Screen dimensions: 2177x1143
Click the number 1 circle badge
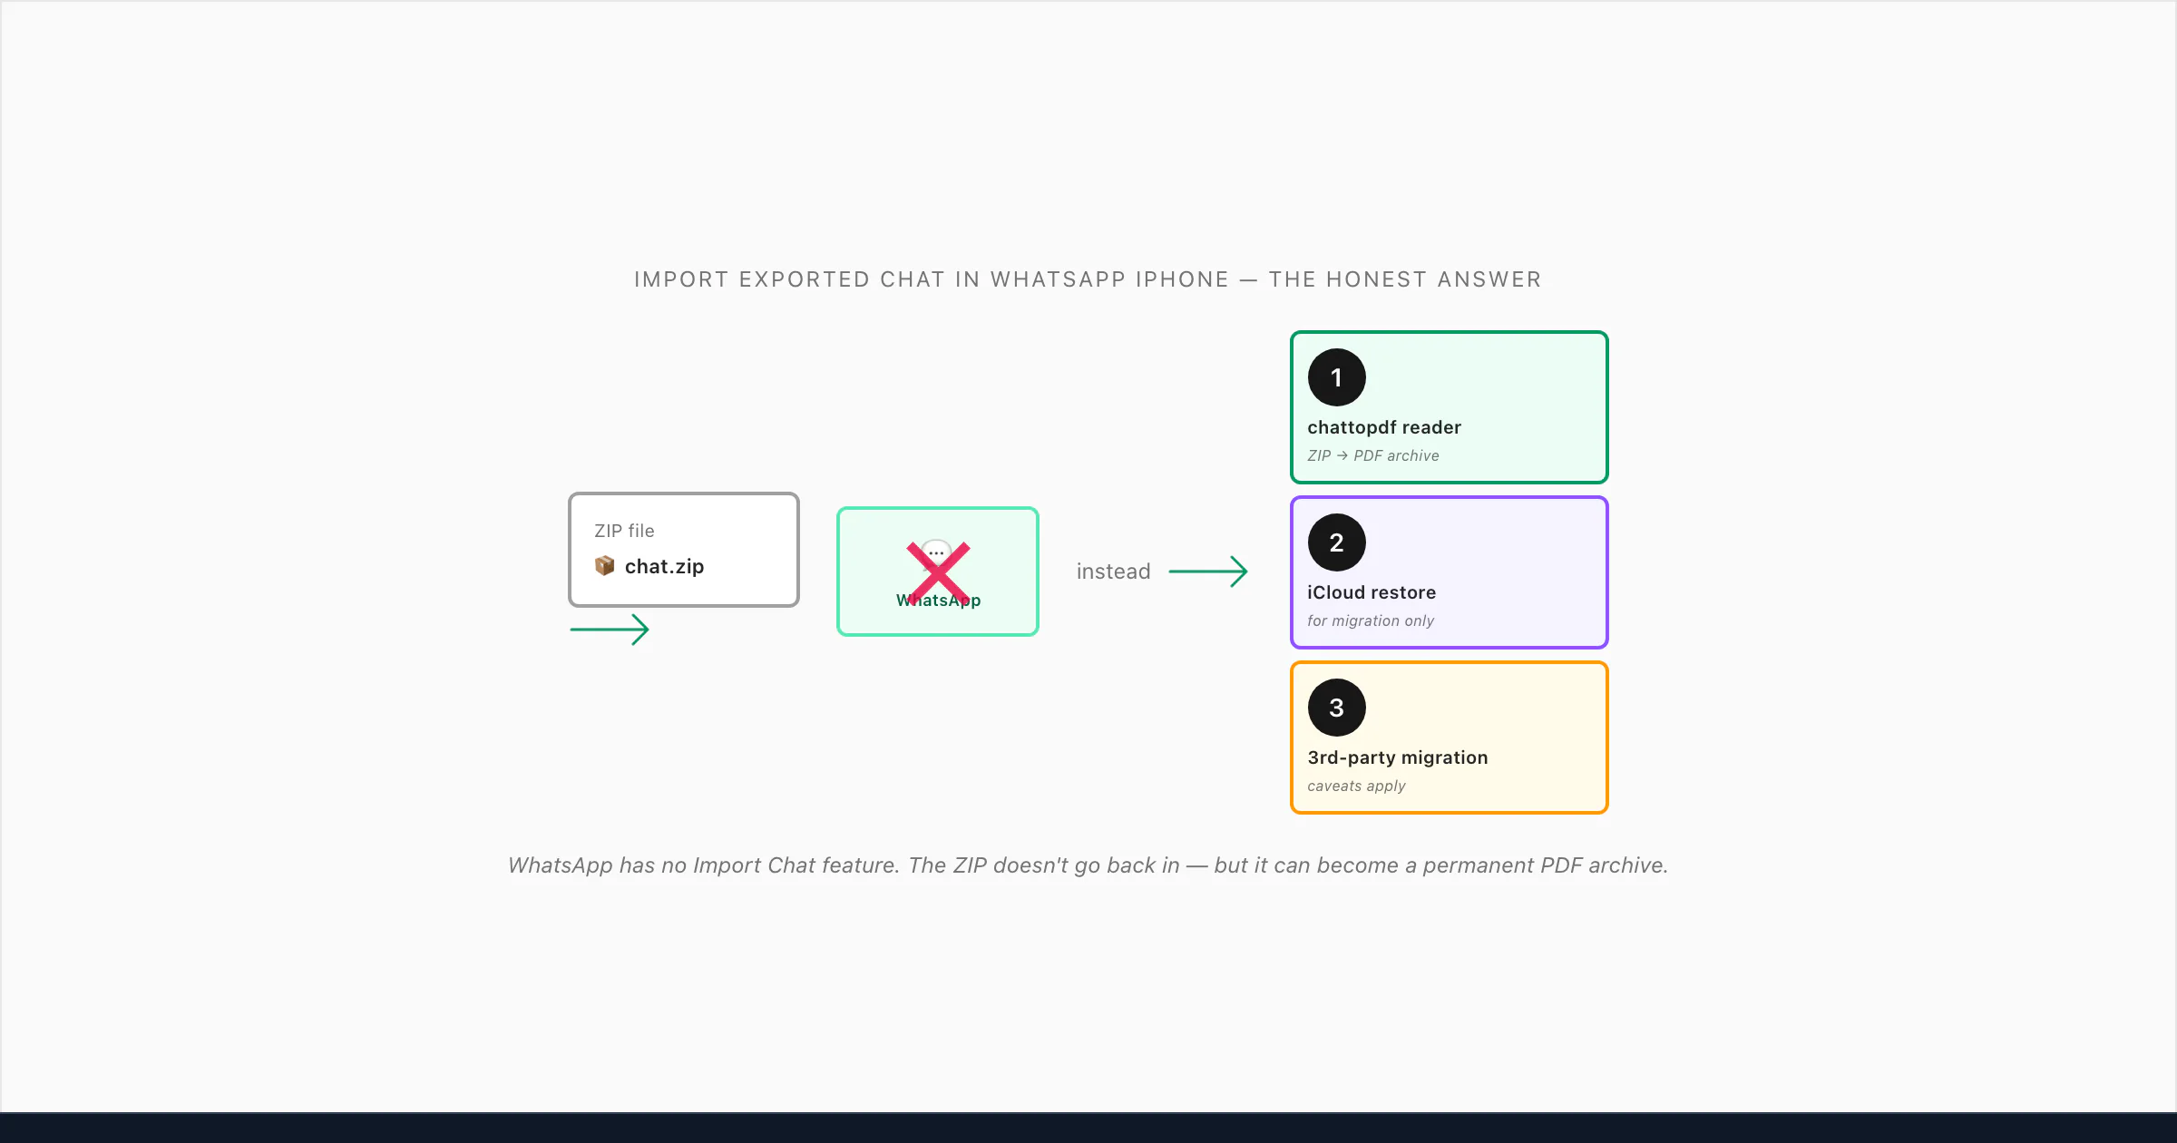tap(1336, 377)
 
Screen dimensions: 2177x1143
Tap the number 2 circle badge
tap(1336, 542)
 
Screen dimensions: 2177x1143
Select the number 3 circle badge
tap(1336, 708)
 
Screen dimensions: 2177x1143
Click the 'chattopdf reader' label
tap(1384, 427)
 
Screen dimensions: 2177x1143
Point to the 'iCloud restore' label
tap(1372, 592)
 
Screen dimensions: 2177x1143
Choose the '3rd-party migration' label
tap(1398, 757)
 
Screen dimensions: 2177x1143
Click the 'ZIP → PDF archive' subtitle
tap(1373, 455)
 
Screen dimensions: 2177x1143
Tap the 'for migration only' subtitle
tap(1371, 620)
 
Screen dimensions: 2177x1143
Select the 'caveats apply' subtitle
tap(1356, 786)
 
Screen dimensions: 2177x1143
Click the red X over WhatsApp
tap(939, 573)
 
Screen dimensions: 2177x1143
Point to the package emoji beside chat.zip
tap(604, 566)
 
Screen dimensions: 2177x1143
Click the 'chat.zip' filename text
tap(664, 566)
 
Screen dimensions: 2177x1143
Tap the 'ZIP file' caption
tap(624, 531)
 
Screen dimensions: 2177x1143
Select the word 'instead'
tap(1113, 571)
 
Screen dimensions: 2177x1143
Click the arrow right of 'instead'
tap(1208, 571)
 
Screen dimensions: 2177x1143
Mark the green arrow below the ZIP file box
tap(610, 630)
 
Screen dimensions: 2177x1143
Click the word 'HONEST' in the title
tap(1377, 279)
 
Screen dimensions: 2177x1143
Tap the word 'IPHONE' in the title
tap(1182, 279)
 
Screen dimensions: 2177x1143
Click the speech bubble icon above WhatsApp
tap(936, 552)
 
